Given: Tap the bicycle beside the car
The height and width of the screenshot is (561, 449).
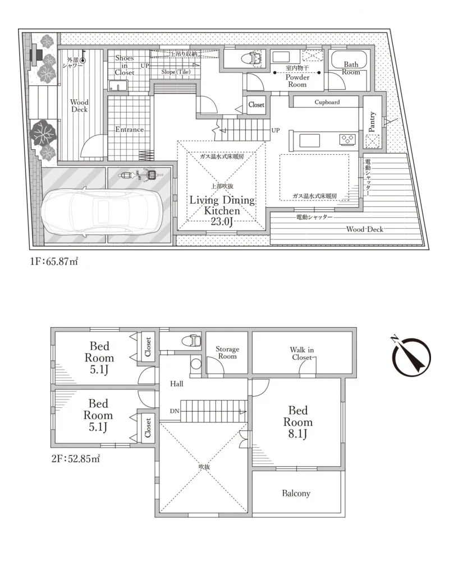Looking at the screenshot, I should [139, 176].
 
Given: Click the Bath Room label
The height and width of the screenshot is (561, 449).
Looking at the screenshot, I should [351, 68].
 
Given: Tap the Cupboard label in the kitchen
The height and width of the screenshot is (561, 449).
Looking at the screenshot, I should [327, 103].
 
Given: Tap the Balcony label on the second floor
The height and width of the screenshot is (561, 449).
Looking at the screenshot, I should [296, 494].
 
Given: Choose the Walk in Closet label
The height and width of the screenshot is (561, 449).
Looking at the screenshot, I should [302, 353].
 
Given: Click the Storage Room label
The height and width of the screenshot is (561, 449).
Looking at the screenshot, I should [227, 352].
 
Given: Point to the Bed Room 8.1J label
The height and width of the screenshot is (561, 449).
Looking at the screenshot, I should [297, 422].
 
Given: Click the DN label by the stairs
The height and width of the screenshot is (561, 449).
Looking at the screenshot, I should [175, 411].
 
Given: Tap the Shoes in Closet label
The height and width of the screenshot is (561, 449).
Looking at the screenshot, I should [124, 65].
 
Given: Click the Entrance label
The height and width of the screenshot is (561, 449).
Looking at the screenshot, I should [130, 130].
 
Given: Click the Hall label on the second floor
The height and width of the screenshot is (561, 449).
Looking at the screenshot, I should [177, 384].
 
